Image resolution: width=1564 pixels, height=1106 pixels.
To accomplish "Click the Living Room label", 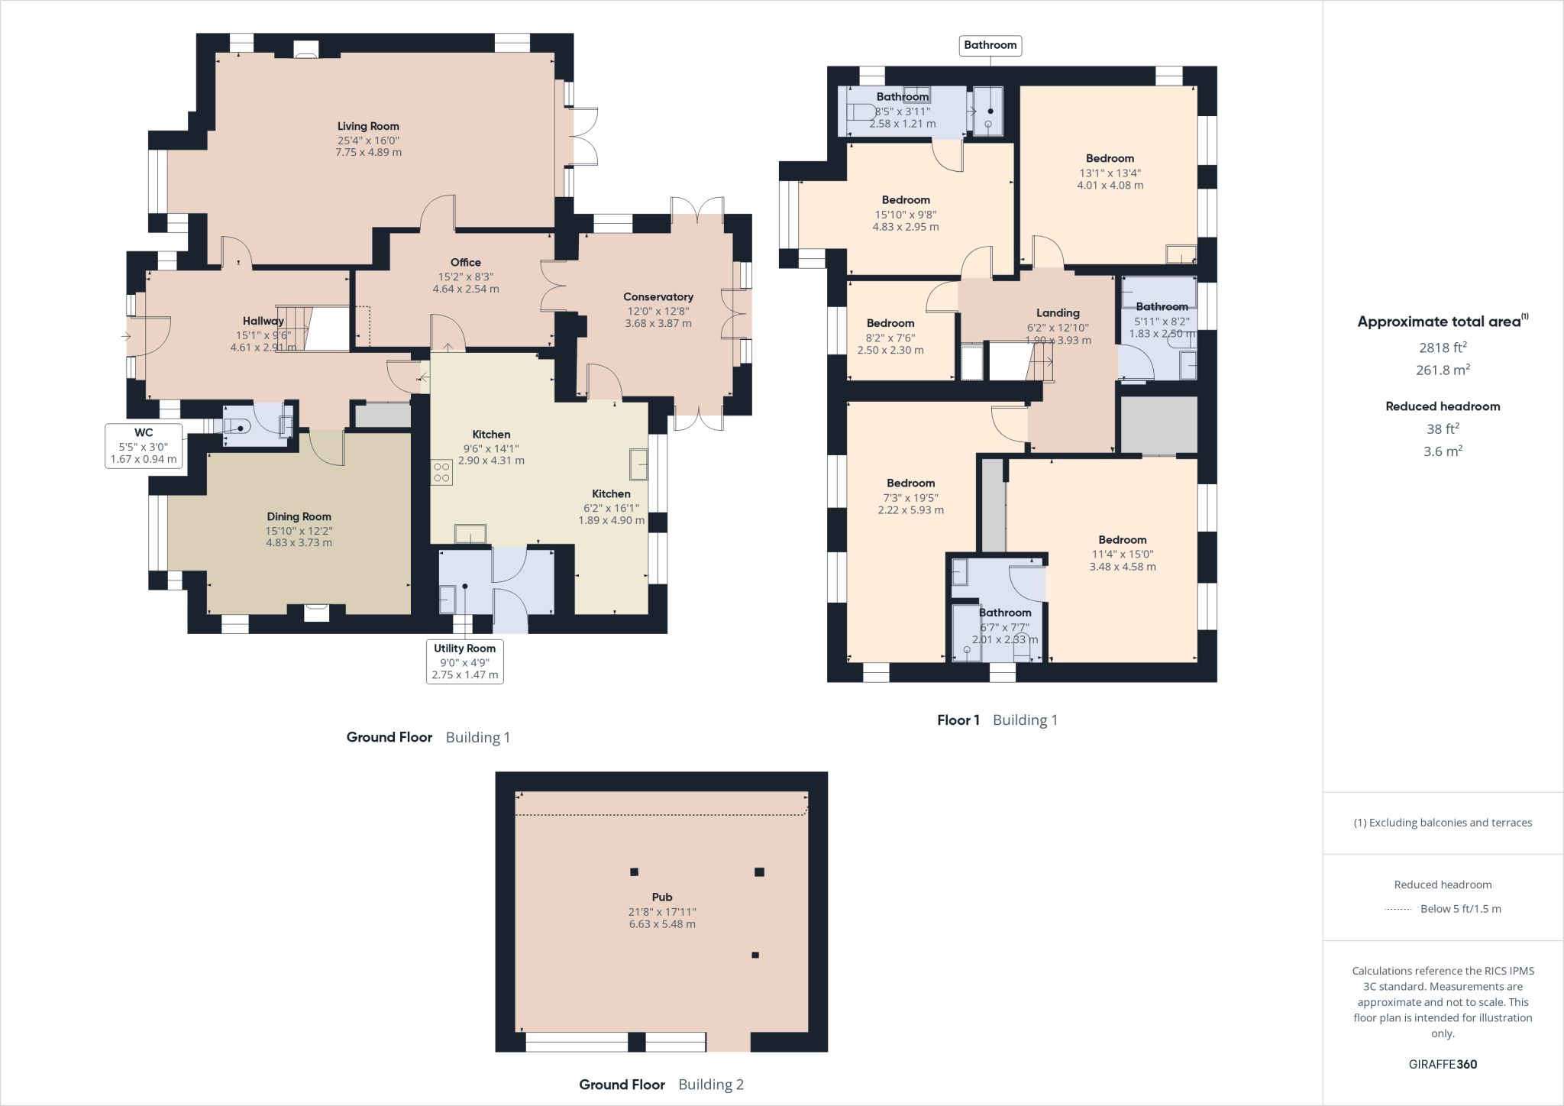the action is point(368,126).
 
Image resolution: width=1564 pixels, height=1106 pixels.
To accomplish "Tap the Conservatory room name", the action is point(658,297).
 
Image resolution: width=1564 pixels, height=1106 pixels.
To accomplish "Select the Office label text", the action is point(466,263).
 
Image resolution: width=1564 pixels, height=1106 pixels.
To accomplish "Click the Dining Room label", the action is point(299,516).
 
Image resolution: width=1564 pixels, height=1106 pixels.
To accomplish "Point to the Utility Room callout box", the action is point(464,661).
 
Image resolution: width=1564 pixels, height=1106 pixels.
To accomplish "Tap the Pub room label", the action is point(662,897).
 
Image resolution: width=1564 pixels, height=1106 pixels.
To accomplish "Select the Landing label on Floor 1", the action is point(1058,313).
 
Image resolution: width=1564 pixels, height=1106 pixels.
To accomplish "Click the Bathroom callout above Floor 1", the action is point(990,45).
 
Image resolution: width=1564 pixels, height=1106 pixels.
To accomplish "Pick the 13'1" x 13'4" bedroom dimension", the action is point(1110,173).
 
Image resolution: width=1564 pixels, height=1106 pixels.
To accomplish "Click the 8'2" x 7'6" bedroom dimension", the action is point(890,338).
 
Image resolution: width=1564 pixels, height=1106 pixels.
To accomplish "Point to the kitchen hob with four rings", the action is point(441,471).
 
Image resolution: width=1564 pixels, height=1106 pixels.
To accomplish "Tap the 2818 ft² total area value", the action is point(1443,348).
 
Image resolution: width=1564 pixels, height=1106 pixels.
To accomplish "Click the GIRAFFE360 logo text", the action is point(1443,1064).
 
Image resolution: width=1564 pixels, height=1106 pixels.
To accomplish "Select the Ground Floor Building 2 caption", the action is point(661,1085).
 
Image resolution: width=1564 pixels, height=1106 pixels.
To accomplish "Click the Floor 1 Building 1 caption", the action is point(997,720).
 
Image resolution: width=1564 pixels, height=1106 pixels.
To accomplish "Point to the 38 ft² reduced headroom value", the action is point(1443,429).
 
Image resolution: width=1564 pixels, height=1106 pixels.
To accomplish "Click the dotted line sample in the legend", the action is point(1398,909).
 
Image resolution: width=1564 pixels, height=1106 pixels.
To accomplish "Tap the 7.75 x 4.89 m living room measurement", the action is point(368,152).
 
